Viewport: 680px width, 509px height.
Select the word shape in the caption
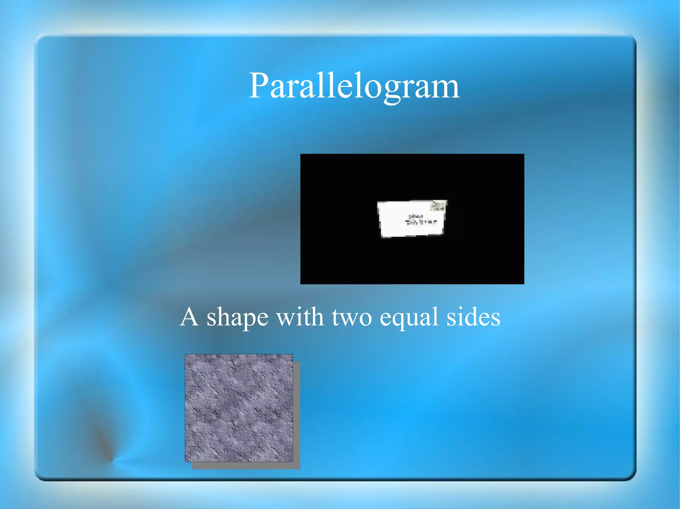(237, 318)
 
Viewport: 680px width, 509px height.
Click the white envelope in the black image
(411, 219)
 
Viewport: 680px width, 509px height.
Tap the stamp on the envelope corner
(438, 206)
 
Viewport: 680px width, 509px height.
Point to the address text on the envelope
(420, 220)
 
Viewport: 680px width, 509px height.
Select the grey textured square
(239, 408)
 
